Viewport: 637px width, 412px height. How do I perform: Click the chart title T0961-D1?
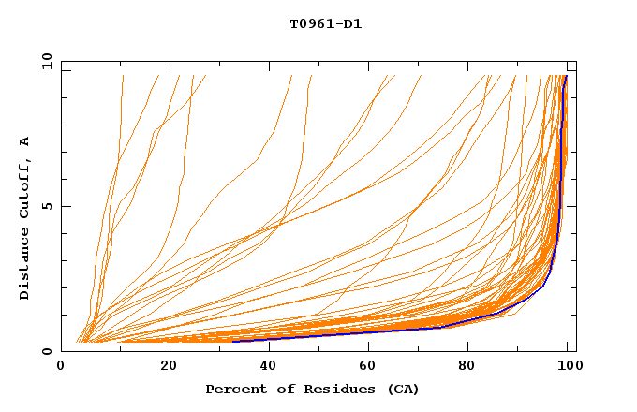pos(325,24)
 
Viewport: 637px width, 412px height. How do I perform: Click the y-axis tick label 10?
pos(45,60)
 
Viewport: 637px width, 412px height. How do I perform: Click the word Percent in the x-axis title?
pos(232,389)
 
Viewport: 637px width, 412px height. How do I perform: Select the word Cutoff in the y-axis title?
pos(24,190)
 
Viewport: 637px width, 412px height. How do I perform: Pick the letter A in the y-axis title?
pos(24,141)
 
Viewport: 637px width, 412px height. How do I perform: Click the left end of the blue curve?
pos(232,342)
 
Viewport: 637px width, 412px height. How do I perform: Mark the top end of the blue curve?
pos(566,77)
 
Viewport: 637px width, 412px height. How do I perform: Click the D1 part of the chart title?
pos(352,24)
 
